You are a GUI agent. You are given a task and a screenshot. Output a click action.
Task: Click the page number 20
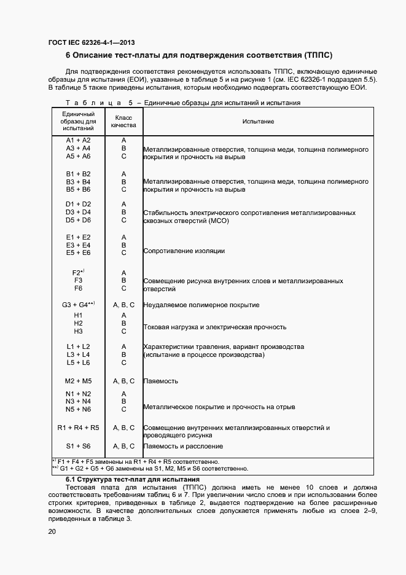click(x=53, y=531)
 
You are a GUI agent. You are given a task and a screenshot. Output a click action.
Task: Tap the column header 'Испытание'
click(x=258, y=122)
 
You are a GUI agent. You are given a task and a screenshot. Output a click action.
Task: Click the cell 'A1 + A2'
click(x=78, y=141)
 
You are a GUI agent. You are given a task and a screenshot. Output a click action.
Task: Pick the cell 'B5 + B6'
click(x=78, y=190)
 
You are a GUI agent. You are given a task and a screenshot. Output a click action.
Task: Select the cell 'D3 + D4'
click(x=78, y=212)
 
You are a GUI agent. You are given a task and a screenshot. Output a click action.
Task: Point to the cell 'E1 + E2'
click(x=78, y=237)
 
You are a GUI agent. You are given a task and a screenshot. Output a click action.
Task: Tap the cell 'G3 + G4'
click(x=78, y=305)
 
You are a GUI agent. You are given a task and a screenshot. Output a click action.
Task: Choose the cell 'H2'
click(x=78, y=323)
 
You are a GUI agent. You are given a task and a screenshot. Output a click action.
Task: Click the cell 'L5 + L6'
click(x=78, y=362)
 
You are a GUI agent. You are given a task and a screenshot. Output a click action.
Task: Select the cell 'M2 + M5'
click(x=78, y=381)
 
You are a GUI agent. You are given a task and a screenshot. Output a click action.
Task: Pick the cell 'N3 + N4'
click(x=78, y=401)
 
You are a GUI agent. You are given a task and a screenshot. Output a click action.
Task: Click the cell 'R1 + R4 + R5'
click(x=78, y=428)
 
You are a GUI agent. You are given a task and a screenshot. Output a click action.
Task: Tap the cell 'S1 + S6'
click(x=78, y=446)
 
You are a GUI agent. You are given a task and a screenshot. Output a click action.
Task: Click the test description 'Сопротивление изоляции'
click(x=184, y=251)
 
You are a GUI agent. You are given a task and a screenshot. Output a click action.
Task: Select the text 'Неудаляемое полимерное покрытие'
click(x=201, y=305)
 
